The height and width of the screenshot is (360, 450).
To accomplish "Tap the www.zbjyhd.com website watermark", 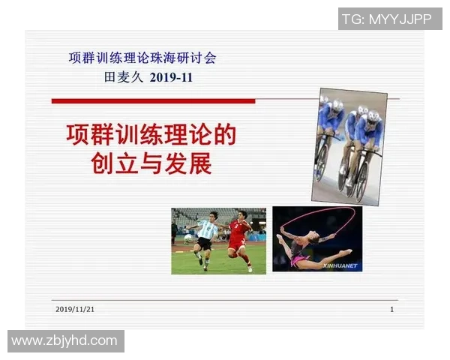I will click(64, 341).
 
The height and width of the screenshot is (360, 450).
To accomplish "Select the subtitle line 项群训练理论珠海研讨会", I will click(142, 58).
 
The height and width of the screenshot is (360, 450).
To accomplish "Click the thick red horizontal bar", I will click(153, 100).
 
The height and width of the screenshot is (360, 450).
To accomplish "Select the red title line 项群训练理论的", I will click(151, 136).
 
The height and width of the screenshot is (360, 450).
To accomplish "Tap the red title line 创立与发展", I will click(151, 163).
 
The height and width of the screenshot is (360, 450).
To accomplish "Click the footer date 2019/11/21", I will click(80, 309).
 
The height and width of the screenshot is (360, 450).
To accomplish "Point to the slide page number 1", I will click(391, 309).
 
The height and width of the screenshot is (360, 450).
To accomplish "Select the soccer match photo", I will click(218, 240).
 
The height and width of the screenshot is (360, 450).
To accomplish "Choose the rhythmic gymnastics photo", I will click(317, 238).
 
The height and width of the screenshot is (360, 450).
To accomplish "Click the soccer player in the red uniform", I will click(239, 237).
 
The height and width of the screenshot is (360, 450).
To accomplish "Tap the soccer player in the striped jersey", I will click(205, 238).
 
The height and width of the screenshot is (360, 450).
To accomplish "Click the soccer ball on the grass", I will click(188, 238).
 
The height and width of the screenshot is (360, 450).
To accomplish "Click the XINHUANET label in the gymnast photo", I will click(340, 265).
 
